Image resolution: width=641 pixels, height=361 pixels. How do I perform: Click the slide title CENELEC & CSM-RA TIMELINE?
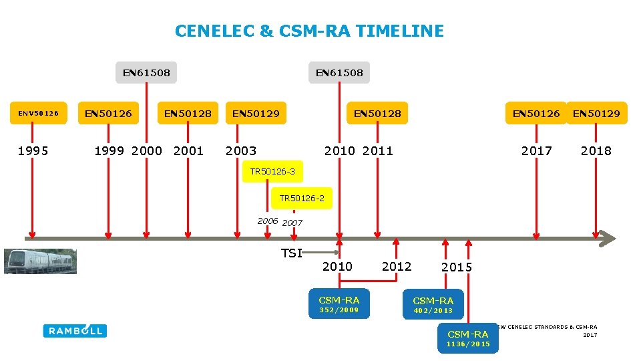(309, 31)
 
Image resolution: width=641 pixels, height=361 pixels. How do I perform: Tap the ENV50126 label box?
(38, 114)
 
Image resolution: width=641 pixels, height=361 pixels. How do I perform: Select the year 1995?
(33, 150)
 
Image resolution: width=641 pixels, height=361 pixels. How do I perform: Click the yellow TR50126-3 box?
(272, 172)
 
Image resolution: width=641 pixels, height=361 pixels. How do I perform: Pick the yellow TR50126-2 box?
(302, 198)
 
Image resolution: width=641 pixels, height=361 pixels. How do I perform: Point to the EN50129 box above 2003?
(256, 114)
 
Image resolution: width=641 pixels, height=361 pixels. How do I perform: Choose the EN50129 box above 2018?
(596, 114)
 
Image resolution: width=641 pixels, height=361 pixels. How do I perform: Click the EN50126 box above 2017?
(536, 114)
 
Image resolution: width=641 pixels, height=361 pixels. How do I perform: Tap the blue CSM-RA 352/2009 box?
(339, 304)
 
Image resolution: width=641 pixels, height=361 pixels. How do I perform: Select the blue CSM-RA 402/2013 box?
(433, 305)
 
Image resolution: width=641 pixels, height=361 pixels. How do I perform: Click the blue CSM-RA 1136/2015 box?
(468, 338)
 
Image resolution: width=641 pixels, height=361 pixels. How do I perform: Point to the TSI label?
(292, 253)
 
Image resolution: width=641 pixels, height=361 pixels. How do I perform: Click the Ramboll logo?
(75, 330)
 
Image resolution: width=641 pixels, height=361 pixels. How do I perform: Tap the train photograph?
(40, 261)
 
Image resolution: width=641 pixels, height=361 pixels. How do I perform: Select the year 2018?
(596, 150)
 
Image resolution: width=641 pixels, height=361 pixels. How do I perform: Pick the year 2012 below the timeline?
(397, 266)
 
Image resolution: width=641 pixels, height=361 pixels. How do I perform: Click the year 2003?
(241, 150)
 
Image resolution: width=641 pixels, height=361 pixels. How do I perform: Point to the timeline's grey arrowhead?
(606, 237)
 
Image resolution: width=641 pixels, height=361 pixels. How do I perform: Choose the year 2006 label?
(268, 221)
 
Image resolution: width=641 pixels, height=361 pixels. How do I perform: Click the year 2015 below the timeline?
(457, 267)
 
